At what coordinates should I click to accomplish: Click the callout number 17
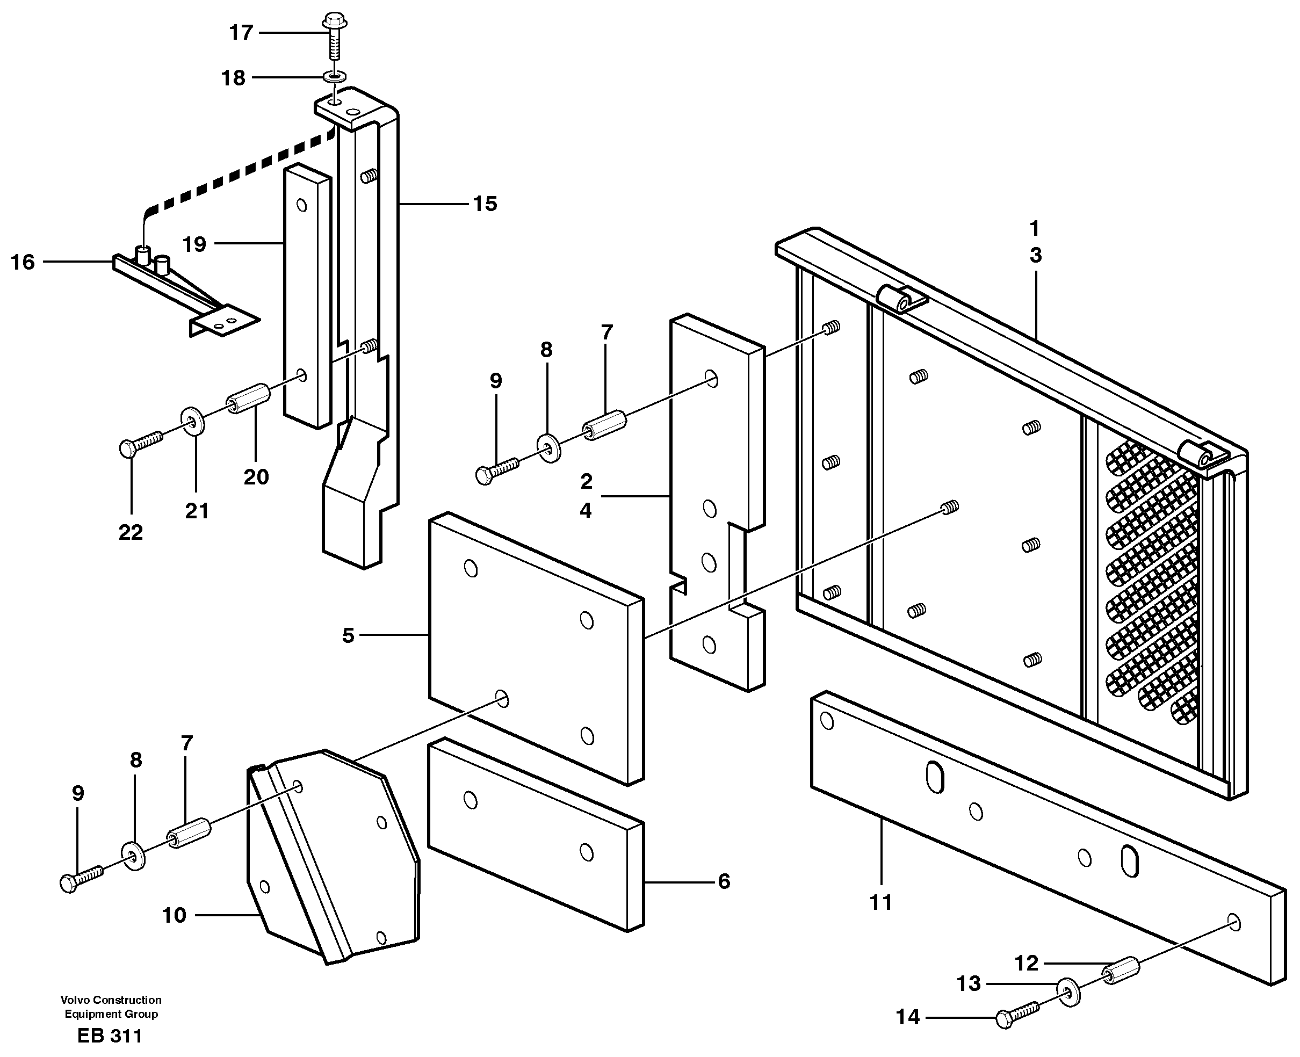pyautogui.click(x=241, y=32)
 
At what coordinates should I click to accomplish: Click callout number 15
pyautogui.click(x=485, y=204)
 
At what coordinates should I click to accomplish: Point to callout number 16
pyautogui.click(x=23, y=263)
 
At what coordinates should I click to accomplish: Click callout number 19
pyautogui.click(x=195, y=245)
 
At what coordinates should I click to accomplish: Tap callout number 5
pyautogui.click(x=348, y=636)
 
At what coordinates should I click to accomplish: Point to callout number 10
pyautogui.click(x=174, y=915)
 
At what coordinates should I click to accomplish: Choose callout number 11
pyautogui.click(x=880, y=902)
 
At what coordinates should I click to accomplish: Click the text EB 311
pyautogui.click(x=110, y=1036)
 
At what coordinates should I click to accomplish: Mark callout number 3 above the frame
pyautogui.click(x=1035, y=256)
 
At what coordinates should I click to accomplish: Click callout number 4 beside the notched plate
pyautogui.click(x=585, y=510)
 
